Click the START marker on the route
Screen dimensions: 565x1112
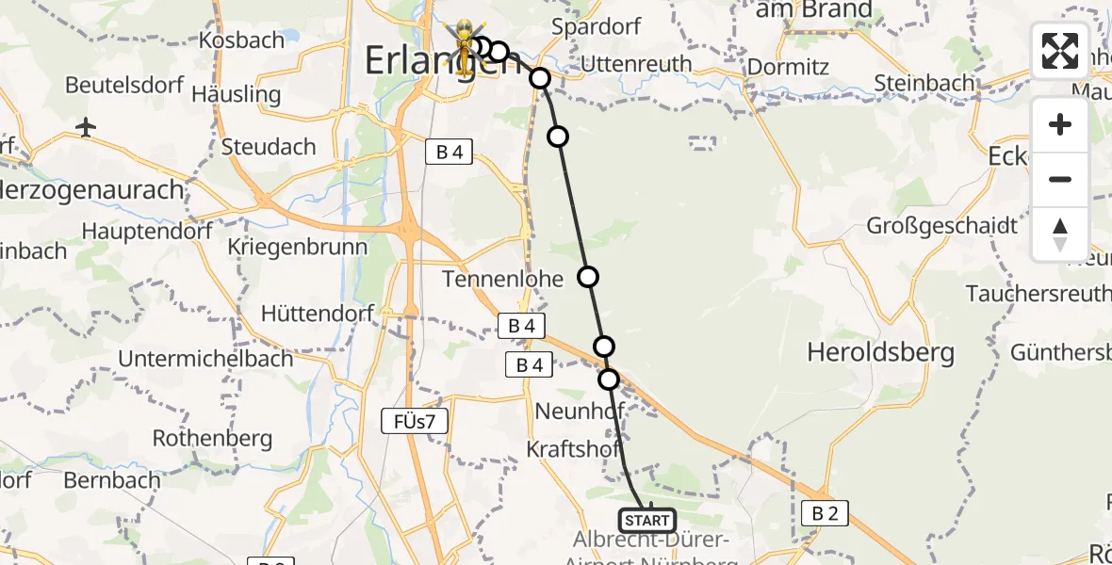tap(646, 520)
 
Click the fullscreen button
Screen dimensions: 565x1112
tap(1060, 51)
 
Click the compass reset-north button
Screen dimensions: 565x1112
tap(1060, 234)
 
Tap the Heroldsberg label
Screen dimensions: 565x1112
tap(880, 353)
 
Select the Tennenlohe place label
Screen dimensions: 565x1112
tap(503, 279)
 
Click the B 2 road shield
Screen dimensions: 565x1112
tap(825, 513)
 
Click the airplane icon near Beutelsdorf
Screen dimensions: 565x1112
tap(87, 126)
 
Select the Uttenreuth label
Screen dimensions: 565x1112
tap(636, 64)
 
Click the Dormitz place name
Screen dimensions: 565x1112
tap(788, 67)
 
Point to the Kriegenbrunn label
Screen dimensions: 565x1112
tap(297, 247)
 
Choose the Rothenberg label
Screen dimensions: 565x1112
tap(212, 438)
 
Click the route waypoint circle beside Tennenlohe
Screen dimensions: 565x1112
tap(587, 277)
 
